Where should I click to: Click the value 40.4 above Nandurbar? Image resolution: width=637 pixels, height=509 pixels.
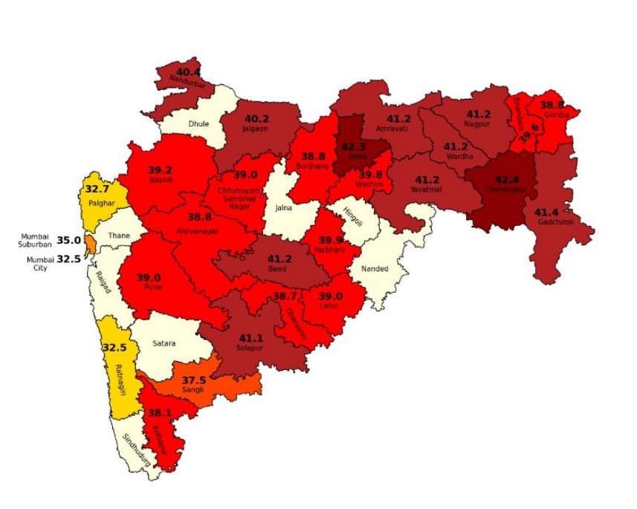(x=189, y=71)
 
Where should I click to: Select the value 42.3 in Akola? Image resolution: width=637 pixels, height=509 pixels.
(x=355, y=146)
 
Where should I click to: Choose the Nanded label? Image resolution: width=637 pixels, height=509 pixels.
(x=375, y=268)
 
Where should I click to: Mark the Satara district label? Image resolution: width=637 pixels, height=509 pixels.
(x=164, y=343)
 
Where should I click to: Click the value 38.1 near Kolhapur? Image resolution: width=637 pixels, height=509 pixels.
(x=160, y=412)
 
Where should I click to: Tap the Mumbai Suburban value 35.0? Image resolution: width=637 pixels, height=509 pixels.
(x=68, y=240)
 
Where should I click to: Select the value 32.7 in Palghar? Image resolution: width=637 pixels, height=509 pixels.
(x=99, y=189)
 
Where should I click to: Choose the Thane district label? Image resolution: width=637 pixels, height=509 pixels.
(x=118, y=236)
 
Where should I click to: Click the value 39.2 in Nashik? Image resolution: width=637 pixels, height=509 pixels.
(x=159, y=169)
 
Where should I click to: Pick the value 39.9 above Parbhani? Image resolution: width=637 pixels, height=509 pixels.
(x=332, y=240)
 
